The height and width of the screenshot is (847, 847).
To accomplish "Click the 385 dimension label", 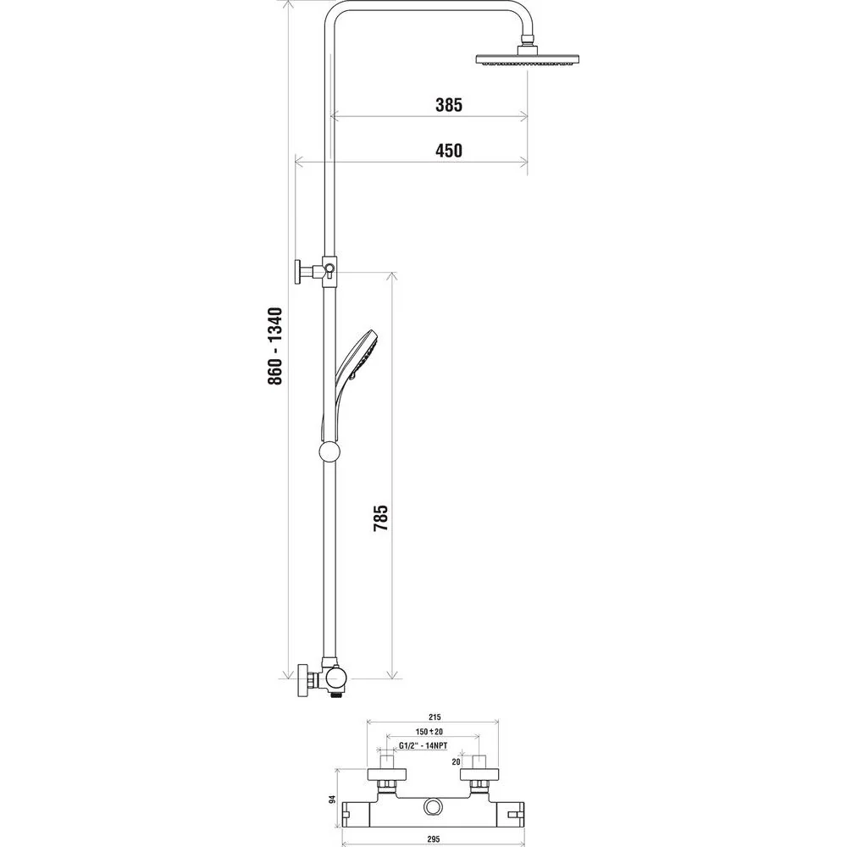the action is pos(449,105).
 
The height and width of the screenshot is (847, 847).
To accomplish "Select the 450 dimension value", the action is pos(449,150).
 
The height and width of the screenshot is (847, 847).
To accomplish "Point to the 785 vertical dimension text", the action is pos(381,518).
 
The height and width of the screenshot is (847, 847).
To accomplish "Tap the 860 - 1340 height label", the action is pos(275,346).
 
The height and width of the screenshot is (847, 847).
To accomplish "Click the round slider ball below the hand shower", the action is pos(329,451).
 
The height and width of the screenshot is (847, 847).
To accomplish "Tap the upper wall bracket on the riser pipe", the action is pos(315,271).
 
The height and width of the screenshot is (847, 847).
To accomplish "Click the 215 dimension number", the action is pos(435,717).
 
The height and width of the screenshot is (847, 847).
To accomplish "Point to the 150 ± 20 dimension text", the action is pos(429,732).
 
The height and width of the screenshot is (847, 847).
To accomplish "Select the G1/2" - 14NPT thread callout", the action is pos(423,745).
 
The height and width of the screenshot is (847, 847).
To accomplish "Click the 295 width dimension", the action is pos(434,839).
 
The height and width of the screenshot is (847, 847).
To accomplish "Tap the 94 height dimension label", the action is pos(333,799).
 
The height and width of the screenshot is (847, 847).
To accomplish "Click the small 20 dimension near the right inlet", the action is pos(456,761).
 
